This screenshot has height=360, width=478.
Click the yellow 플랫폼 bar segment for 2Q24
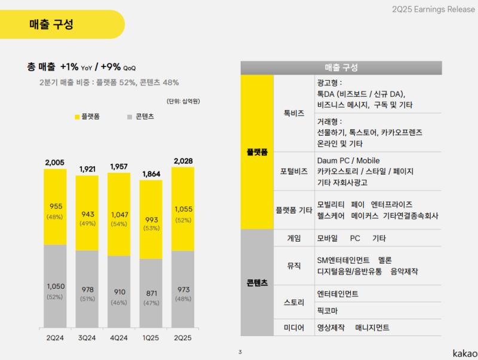pos(55,207)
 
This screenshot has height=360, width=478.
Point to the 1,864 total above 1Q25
pos(151,174)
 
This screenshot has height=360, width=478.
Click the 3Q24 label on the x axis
pos(87,338)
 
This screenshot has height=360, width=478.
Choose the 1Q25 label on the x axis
pos(151,338)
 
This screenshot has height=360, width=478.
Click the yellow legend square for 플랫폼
pos(77,117)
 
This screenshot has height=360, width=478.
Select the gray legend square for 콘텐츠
pos(130,117)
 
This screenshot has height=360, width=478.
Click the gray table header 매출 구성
pos(341,68)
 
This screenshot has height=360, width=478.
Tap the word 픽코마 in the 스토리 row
pos(327,311)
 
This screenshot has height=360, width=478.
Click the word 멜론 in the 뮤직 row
pos(385,260)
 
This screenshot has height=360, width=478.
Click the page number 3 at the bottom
pos(240,352)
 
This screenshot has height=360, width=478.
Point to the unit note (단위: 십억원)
pos(182,101)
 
